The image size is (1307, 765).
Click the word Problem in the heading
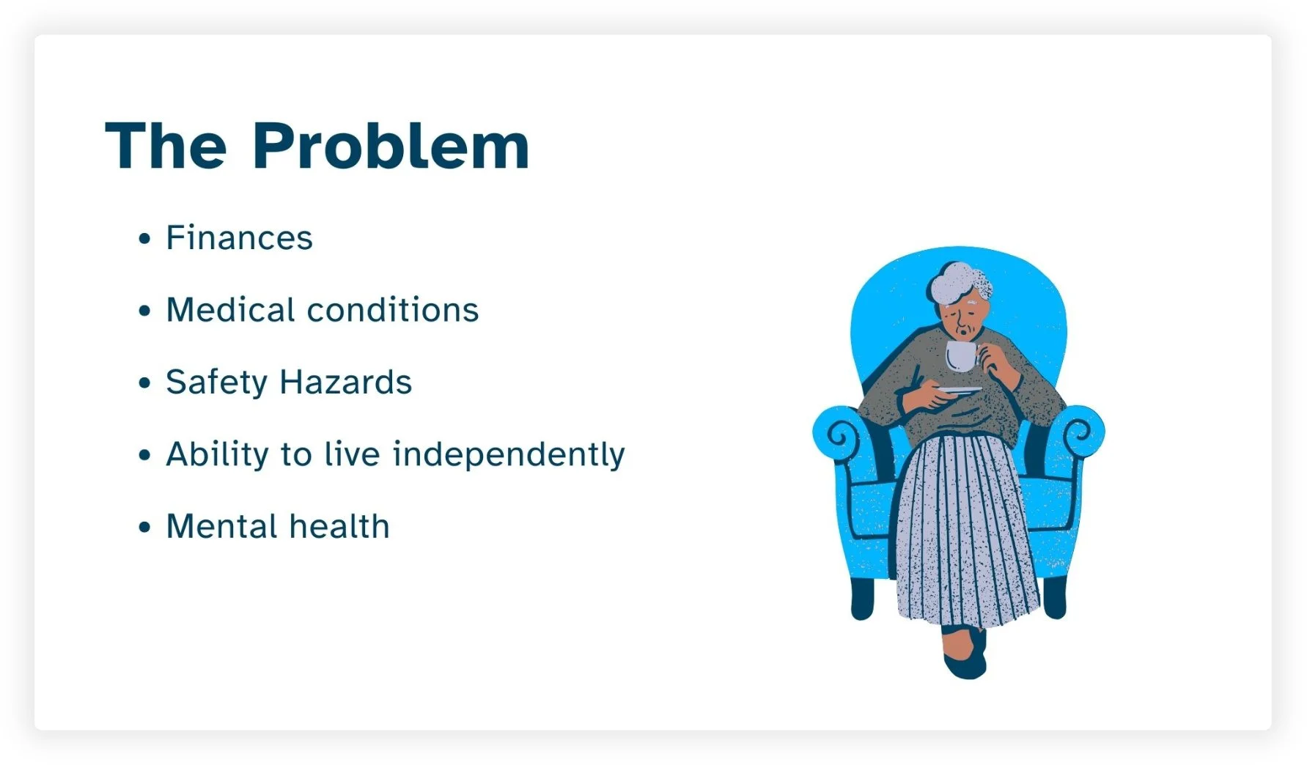(390, 147)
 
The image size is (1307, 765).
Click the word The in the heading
(166, 147)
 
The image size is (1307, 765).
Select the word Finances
(239, 238)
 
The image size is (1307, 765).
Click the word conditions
(393, 310)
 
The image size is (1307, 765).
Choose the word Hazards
(345, 382)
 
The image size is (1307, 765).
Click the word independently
(509, 455)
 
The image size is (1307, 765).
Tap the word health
(339, 527)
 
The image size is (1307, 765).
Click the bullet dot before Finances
(144, 239)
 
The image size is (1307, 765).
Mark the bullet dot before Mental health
(144, 528)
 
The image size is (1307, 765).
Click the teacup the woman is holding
(960, 356)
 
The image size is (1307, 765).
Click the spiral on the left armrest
(841, 437)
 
